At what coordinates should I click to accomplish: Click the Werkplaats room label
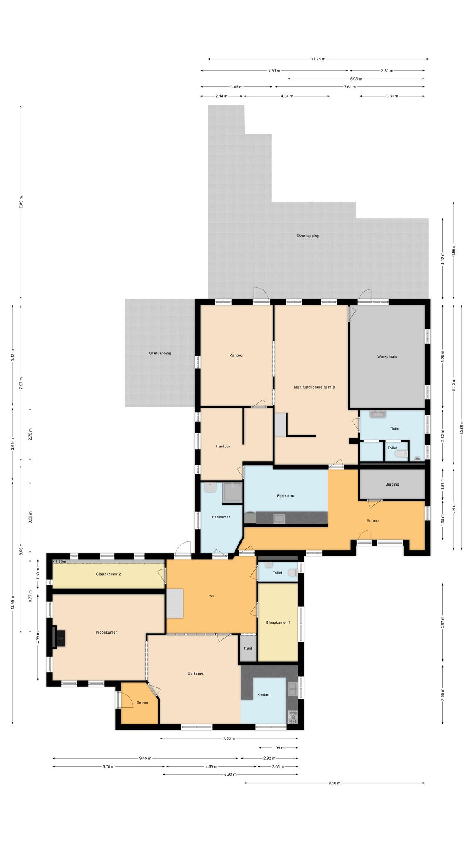click(387, 356)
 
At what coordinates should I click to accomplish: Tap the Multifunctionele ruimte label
click(314, 387)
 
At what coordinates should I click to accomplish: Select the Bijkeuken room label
click(285, 496)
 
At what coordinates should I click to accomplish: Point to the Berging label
click(392, 484)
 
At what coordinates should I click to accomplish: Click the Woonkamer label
click(106, 632)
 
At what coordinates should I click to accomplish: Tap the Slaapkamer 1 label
click(278, 622)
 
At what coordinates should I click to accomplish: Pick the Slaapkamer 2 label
click(108, 574)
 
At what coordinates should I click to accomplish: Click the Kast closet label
click(248, 648)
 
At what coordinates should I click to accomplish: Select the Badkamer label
click(221, 517)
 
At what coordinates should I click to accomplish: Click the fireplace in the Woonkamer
click(58, 637)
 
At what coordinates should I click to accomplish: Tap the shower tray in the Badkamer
click(232, 493)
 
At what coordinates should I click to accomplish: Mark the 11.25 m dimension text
click(318, 59)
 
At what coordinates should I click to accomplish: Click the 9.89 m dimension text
click(21, 202)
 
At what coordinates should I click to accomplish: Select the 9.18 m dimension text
click(334, 783)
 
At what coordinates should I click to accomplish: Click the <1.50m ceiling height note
click(59, 562)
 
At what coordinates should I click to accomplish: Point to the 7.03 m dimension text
click(229, 738)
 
